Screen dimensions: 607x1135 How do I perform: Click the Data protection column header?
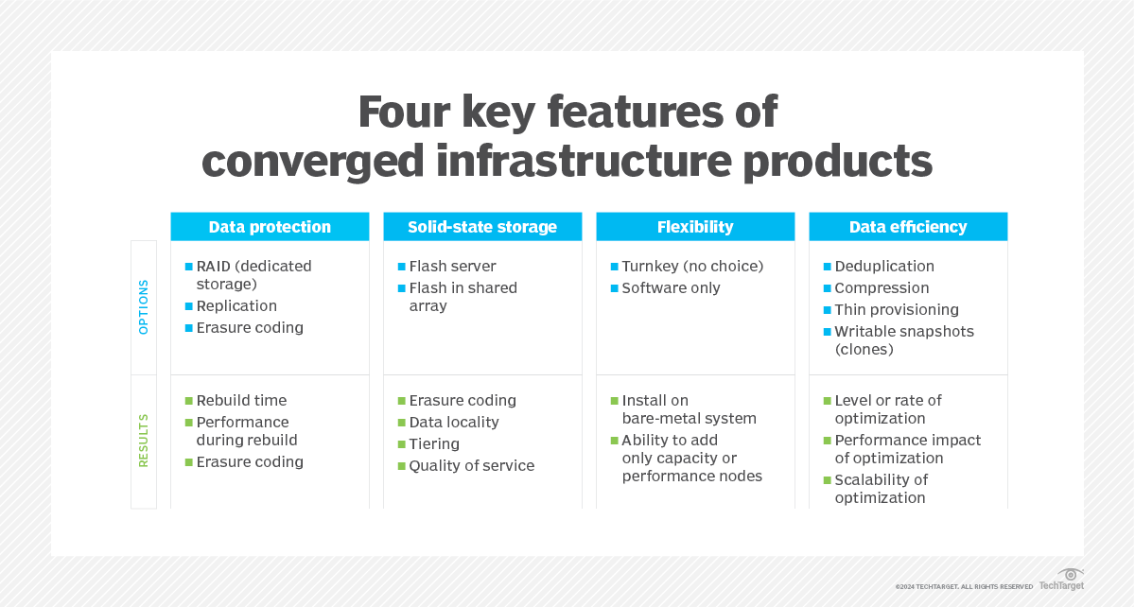point(270,227)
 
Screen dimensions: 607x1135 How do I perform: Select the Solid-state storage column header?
point(482,227)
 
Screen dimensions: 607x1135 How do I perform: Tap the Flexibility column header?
point(695,227)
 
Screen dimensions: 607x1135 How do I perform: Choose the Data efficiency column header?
point(908,227)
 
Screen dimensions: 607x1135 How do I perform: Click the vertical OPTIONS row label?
point(144,306)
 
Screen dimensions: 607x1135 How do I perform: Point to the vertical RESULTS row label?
point(144,440)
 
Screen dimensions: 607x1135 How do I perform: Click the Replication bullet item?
point(236,306)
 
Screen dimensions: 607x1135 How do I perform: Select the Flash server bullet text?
point(452,267)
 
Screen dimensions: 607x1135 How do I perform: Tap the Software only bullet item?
point(671,288)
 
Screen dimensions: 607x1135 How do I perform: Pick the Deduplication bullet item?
point(884,267)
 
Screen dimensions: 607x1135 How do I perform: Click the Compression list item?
point(882,288)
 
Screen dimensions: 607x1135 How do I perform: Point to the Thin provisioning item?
point(897,310)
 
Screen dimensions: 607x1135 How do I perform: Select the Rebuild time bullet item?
point(241,401)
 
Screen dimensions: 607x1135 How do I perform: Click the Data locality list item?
point(454,423)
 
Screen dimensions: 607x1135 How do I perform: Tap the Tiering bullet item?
point(434,444)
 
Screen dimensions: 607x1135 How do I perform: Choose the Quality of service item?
point(471,466)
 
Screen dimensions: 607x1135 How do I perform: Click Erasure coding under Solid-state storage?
point(463,401)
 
